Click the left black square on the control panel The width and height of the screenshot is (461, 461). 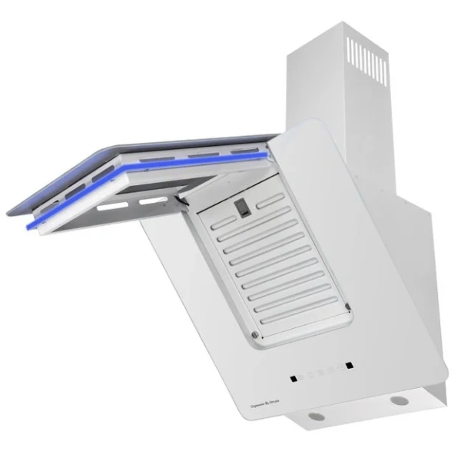(293, 378)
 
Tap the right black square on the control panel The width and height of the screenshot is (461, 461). (348, 364)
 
